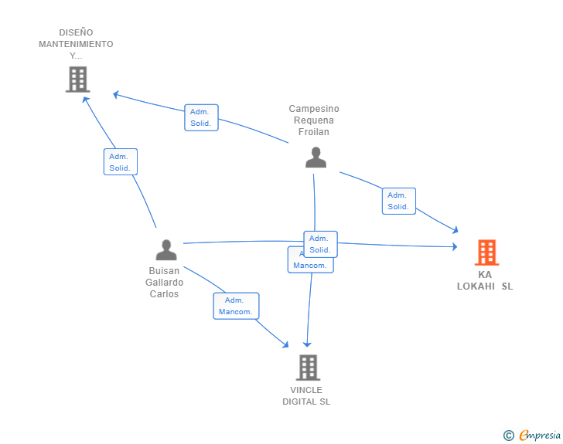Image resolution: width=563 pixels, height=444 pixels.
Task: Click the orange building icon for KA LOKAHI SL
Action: point(486,252)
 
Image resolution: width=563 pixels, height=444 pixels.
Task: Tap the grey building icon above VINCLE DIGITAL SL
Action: point(308,368)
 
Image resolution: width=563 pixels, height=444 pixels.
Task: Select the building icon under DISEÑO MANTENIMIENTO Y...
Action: point(77,80)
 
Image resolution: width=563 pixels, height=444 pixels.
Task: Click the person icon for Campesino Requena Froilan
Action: point(316,158)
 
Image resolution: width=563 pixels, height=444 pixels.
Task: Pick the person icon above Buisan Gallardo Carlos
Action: point(166,250)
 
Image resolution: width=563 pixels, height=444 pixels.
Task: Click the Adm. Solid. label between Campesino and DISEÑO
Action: point(201,117)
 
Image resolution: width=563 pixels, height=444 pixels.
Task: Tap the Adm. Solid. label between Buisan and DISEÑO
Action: point(120,162)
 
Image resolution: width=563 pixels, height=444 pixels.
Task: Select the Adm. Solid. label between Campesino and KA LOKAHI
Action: point(398,201)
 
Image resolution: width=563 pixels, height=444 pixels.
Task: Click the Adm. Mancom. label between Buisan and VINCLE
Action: point(236,306)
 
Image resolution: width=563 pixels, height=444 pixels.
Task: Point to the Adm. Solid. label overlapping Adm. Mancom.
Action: point(320,244)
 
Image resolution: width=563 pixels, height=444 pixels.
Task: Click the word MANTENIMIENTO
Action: point(76,44)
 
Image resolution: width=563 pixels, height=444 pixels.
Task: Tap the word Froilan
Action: point(314,132)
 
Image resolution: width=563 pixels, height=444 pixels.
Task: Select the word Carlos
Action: point(164,294)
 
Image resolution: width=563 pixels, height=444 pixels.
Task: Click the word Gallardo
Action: point(165,283)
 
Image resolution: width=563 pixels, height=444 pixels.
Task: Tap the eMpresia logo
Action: point(539,435)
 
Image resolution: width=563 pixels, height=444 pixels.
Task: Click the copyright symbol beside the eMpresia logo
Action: point(508,436)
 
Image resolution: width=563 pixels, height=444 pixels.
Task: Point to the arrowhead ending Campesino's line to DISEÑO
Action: point(115,94)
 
